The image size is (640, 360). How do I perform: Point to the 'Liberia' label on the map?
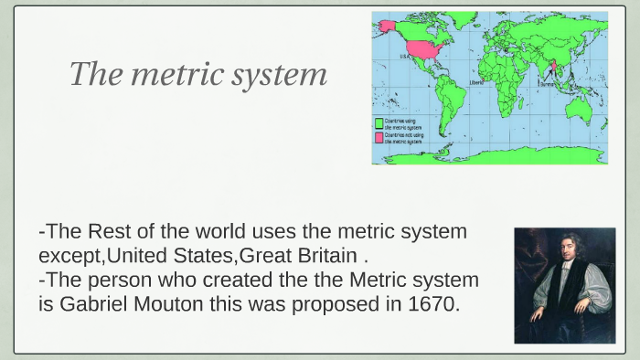476,82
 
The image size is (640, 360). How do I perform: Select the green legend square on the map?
379,122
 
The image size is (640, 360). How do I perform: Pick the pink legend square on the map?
379,136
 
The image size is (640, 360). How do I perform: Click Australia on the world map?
578,111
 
